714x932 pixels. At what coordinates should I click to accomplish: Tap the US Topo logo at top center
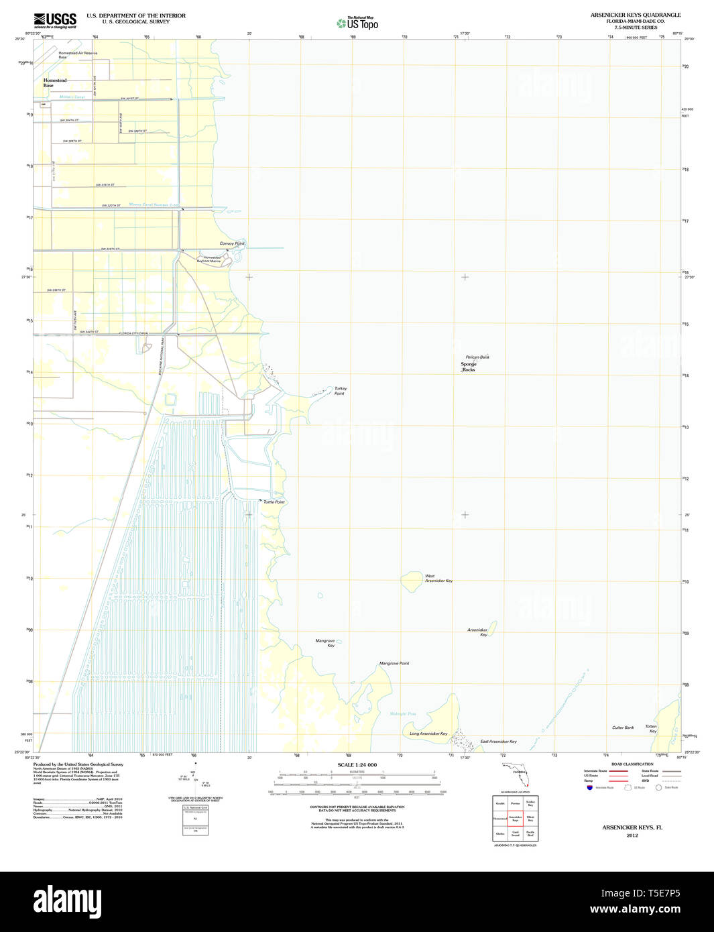(357, 23)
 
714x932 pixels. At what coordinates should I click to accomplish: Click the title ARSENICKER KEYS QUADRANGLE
(635, 15)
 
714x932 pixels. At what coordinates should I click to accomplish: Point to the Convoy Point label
(232, 243)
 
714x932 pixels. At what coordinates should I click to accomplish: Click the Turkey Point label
(340, 391)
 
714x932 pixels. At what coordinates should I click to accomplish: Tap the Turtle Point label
(274, 502)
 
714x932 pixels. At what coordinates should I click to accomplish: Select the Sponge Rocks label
(469, 367)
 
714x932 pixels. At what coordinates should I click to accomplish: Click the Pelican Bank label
(477, 357)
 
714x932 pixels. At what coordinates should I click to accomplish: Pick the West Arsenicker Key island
(410, 581)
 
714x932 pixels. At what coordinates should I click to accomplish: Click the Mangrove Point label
(394, 663)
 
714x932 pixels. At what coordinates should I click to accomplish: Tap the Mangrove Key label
(326, 643)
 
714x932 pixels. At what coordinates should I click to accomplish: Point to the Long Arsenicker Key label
(428, 734)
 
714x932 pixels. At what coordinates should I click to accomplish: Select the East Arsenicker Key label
(498, 742)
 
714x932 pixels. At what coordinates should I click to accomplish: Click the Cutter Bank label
(623, 727)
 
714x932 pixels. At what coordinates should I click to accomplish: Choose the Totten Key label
(651, 728)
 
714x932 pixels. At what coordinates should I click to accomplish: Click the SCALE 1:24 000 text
(357, 765)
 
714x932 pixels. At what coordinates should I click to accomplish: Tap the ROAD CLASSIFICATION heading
(632, 764)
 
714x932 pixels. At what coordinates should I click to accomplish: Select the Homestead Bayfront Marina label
(212, 259)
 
